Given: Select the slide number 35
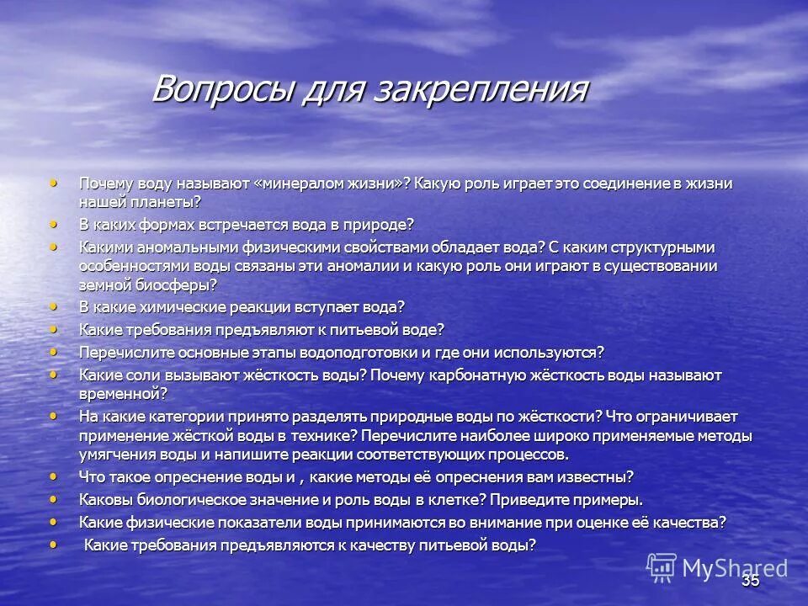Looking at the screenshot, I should coord(751,581).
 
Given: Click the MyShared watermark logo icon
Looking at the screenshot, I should coord(662,567).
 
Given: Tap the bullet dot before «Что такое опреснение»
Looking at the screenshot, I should coord(56,475).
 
